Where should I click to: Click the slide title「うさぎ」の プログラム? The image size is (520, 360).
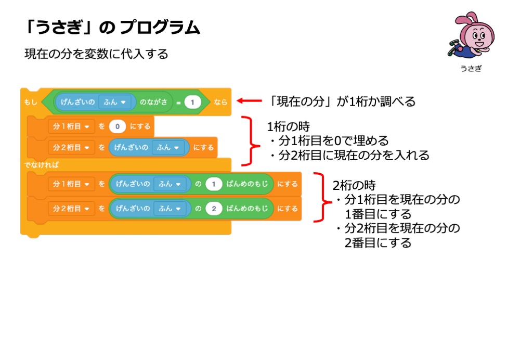[x=112, y=28]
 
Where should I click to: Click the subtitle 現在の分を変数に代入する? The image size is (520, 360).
[x=96, y=54]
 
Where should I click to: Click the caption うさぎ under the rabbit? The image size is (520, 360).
[x=471, y=69]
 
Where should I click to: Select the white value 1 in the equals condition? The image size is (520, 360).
[x=192, y=102]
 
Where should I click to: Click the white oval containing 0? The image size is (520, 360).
[x=118, y=126]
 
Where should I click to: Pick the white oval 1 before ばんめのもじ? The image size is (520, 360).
[x=214, y=184]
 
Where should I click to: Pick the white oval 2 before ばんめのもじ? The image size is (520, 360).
[x=214, y=209]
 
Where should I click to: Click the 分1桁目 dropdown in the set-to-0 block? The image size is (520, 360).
[x=70, y=126]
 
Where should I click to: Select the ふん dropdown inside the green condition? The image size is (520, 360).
[x=115, y=102]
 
